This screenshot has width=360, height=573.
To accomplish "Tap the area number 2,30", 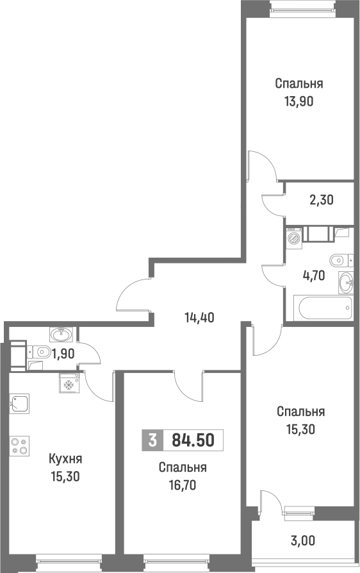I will coord(322,200).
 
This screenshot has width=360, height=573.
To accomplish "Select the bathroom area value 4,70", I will coord(313,276).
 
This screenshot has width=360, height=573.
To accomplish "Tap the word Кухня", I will coord(65,459).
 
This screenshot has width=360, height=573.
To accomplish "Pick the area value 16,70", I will coord(183,485).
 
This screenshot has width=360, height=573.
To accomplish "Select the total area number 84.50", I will coord(193,440).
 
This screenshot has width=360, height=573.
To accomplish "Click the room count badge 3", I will coord(152,440).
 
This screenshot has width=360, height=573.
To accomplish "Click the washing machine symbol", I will coord(294,238).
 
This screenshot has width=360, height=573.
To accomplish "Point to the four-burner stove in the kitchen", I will coord(19,445).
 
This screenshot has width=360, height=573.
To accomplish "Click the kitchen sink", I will coord(19,404).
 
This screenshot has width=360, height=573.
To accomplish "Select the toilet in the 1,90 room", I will coord(42,351).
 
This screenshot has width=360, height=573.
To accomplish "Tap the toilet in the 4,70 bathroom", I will coord(340,260).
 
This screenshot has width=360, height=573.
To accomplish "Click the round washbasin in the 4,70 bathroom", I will coord(345,280).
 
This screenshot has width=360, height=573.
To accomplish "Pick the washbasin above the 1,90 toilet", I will coord(61,334).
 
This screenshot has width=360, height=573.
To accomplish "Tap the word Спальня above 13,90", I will coord(299,83).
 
